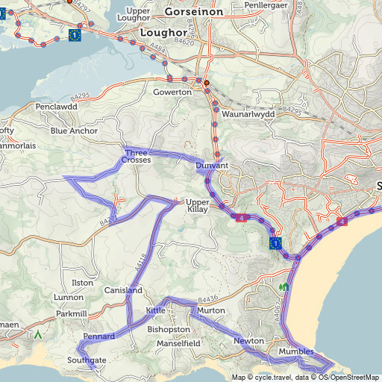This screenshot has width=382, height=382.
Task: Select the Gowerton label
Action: (172, 92)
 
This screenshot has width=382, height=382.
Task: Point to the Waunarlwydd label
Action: (248, 114)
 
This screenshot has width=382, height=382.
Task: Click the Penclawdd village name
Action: (57, 107)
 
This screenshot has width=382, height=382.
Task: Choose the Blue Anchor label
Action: (74, 131)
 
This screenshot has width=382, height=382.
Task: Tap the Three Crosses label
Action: (137, 156)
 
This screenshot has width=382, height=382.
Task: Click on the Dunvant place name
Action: (211, 165)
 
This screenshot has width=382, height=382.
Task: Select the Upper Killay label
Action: (197, 206)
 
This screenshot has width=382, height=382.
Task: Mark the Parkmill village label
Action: (72, 313)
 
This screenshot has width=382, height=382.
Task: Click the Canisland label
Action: (123, 289)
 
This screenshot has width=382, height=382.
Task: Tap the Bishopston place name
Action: (169, 328)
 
